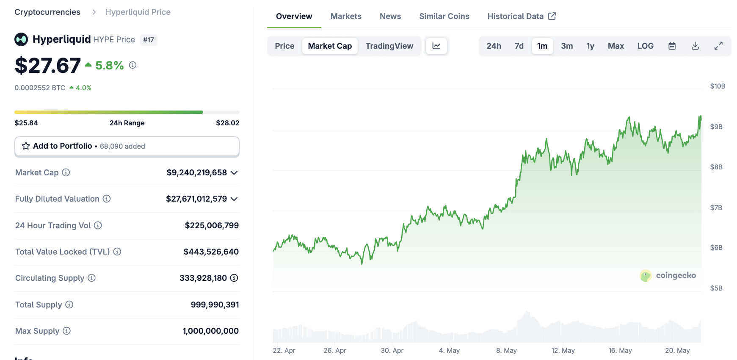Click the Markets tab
[x=345, y=17]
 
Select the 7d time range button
[x=519, y=46]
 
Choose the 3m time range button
[x=566, y=46]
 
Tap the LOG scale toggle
[x=645, y=46]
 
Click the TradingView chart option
[x=389, y=46]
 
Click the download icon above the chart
[x=695, y=46]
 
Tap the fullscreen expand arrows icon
[x=718, y=46]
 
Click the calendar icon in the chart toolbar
[x=672, y=46]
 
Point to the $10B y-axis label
[x=718, y=86]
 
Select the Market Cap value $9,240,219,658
[x=196, y=173]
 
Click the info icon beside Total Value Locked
[x=117, y=252]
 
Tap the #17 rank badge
[x=148, y=40]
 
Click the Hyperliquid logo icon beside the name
[x=21, y=39]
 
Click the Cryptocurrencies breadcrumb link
[x=47, y=12]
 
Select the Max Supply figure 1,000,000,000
[x=210, y=331]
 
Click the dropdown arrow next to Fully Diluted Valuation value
[x=234, y=199]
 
